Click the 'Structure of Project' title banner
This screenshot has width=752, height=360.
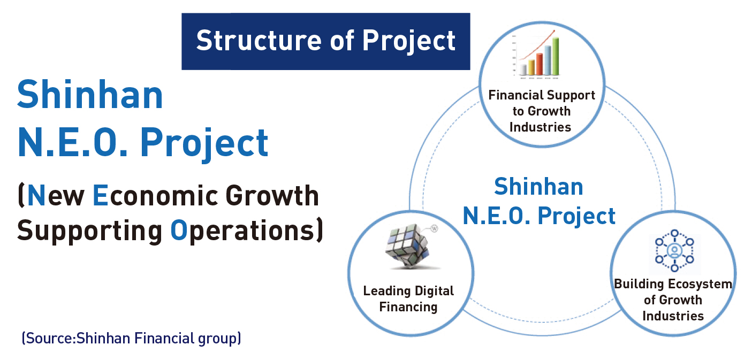(x=325, y=41)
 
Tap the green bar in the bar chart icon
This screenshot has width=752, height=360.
(x=556, y=56)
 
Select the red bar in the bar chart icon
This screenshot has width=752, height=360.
(x=540, y=64)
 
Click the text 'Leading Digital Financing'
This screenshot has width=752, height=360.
(x=408, y=298)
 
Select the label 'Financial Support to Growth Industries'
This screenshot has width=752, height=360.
(x=541, y=111)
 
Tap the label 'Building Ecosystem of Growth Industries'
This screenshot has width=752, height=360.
(x=673, y=300)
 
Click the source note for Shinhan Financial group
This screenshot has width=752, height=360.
(x=131, y=338)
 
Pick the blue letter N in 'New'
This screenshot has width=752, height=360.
(x=36, y=196)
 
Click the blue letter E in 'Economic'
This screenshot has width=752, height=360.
(x=100, y=196)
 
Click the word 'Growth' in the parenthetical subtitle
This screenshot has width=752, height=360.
(x=272, y=196)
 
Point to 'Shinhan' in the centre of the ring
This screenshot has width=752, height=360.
(x=538, y=187)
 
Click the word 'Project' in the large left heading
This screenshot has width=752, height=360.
(x=204, y=143)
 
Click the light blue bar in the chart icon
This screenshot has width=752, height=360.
(x=548, y=60)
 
